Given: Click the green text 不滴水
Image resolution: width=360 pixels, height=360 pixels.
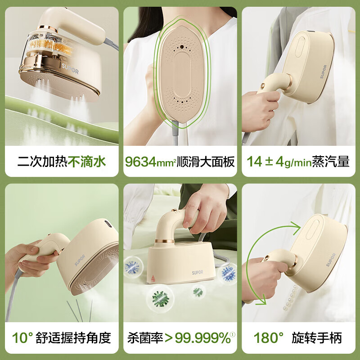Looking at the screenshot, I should (x=87, y=162).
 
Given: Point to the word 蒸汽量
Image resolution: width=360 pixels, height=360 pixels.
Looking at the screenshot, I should (x=333, y=162).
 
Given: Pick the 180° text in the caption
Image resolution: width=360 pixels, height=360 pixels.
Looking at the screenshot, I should (x=269, y=337).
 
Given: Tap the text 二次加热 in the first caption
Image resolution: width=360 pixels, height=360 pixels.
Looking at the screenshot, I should (x=43, y=162).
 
